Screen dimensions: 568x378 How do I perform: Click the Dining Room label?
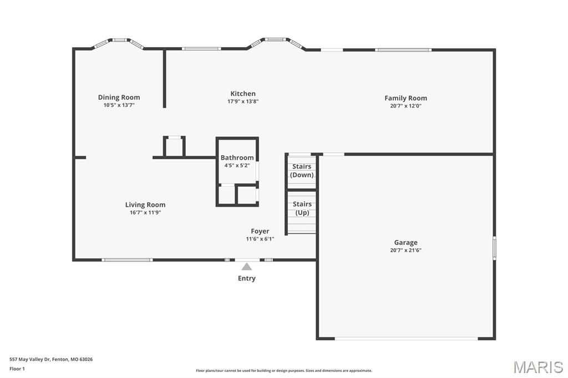click(x=119, y=97)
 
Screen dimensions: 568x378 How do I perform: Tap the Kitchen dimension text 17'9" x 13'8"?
click(x=243, y=101)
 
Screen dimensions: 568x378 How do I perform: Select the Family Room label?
click(x=405, y=98)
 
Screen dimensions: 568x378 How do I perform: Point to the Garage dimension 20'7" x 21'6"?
click(x=405, y=250)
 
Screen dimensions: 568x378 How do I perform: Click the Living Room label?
click(x=145, y=205)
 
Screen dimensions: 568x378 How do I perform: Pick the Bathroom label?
click(x=237, y=157)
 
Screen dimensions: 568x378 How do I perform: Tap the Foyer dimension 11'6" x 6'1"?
click(x=260, y=239)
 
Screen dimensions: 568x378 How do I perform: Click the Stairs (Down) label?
click(x=302, y=171)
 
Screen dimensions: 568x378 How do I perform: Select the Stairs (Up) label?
click(x=302, y=208)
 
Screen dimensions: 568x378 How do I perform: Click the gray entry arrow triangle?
click(x=247, y=267)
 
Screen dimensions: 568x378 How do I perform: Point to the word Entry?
click(x=247, y=278)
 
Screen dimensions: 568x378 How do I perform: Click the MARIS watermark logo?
click(x=538, y=367)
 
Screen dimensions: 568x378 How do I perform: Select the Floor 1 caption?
click(x=17, y=369)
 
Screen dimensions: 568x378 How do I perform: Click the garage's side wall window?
click(x=494, y=248)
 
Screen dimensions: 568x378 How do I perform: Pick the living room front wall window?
click(x=127, y=259)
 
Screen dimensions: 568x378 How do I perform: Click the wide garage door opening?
click(x=407, y=339)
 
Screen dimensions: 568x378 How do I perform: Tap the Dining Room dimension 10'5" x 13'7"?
click(x=119, y=105)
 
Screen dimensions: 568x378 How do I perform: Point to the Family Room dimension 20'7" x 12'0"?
click(x=405, y=106)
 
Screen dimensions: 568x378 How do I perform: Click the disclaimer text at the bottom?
click(x=284, y=371)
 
